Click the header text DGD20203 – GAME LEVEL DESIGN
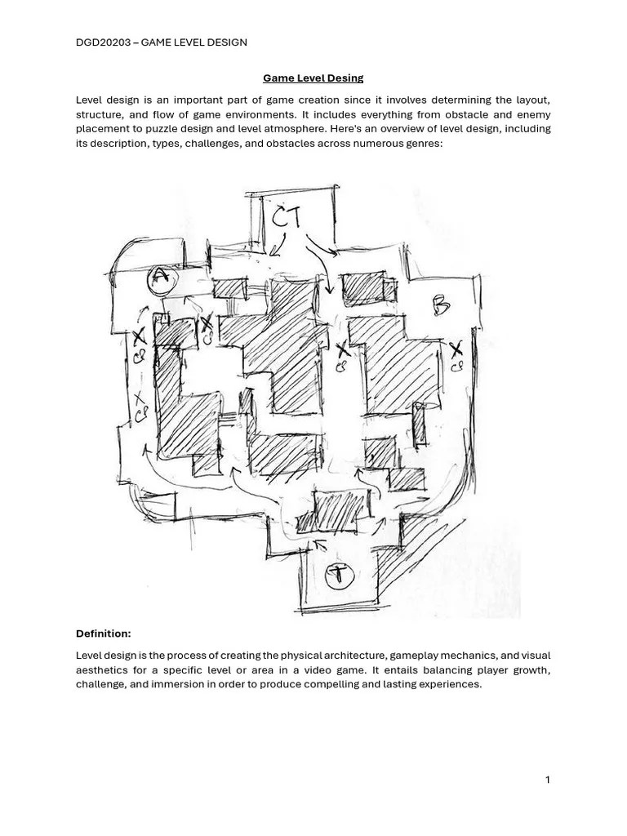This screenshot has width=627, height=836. pos(161,42)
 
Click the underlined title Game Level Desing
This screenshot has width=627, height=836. pos(313,78)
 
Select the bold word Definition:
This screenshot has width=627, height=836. pos(103,634)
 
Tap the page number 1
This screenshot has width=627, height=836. pos(548,780)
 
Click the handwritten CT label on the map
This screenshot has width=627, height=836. pos(287,217)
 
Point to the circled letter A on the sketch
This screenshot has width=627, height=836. pos(161,279)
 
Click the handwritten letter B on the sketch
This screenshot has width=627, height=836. pos(441,306)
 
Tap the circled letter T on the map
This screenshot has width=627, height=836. pos(336,575)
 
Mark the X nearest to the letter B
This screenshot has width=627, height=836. pos(455,349)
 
